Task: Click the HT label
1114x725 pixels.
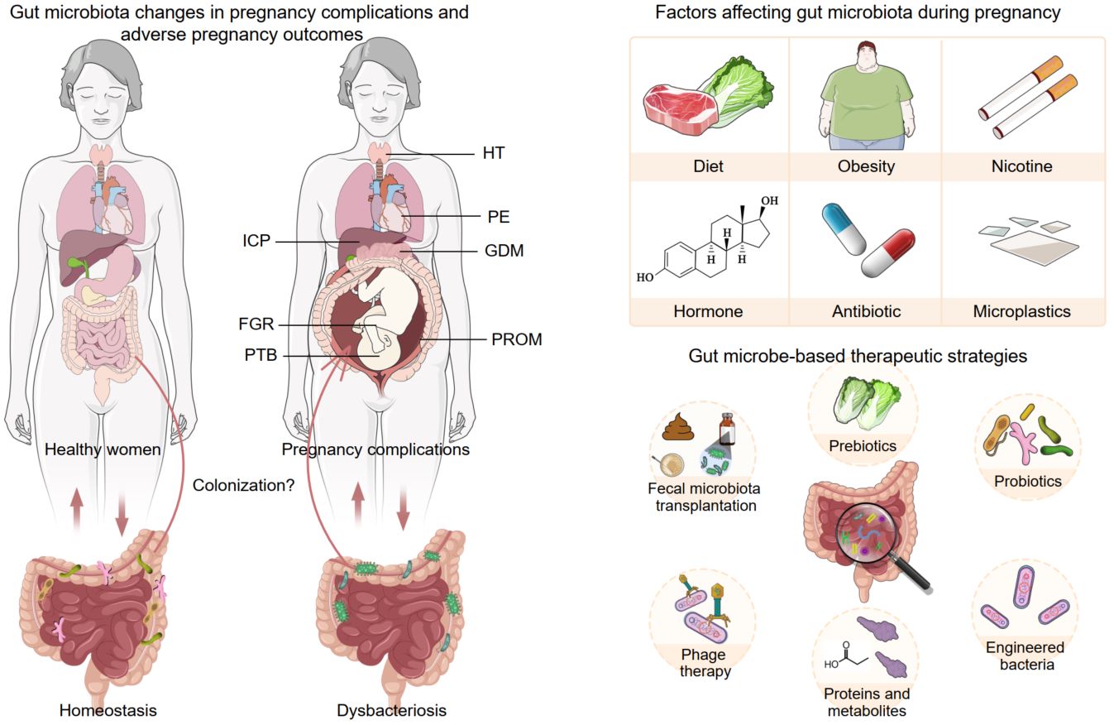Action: tap(493, 153)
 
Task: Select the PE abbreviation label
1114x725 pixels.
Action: tap(499, 218)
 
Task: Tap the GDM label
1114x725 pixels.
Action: tap(504, 250)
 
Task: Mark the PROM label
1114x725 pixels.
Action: tap(514, 339)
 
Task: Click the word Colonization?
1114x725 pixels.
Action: tap(243, 486)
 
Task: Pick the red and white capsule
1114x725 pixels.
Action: tap(888, 253)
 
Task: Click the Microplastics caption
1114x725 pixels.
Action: tap(1021, 312)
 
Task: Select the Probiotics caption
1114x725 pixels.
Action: tap(1028, 481)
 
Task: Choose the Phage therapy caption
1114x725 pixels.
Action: tap(705, 663)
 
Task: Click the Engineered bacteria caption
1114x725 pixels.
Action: tap(1025, 655)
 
